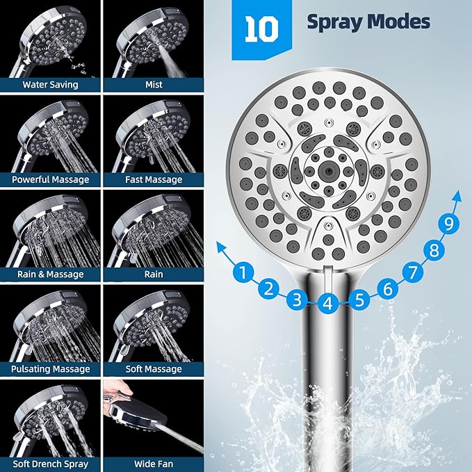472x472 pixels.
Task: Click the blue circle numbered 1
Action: point(243,272)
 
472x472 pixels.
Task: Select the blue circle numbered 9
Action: point(450,224)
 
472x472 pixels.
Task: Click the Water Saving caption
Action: point(50,85)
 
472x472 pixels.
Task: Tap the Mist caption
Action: point(154,85)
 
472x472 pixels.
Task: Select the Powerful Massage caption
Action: point(50,179)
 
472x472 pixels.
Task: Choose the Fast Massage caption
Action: point(154,179)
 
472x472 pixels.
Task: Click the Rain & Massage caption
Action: point(50,274)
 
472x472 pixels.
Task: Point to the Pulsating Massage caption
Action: point(50,369)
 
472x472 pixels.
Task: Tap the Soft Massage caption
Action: point(154,369)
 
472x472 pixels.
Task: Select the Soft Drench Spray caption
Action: point(50,463)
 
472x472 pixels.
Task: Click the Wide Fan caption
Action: point(154,463)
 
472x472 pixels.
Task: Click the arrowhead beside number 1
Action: point(220,245)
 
